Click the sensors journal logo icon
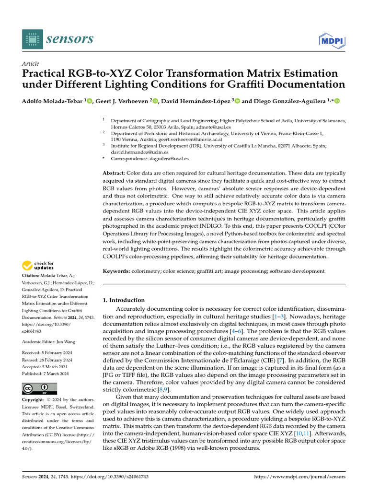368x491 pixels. click(x=32, y=38)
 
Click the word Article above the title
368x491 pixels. click(x=31, y=64)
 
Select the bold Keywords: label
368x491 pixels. click(x=116, y=271)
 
